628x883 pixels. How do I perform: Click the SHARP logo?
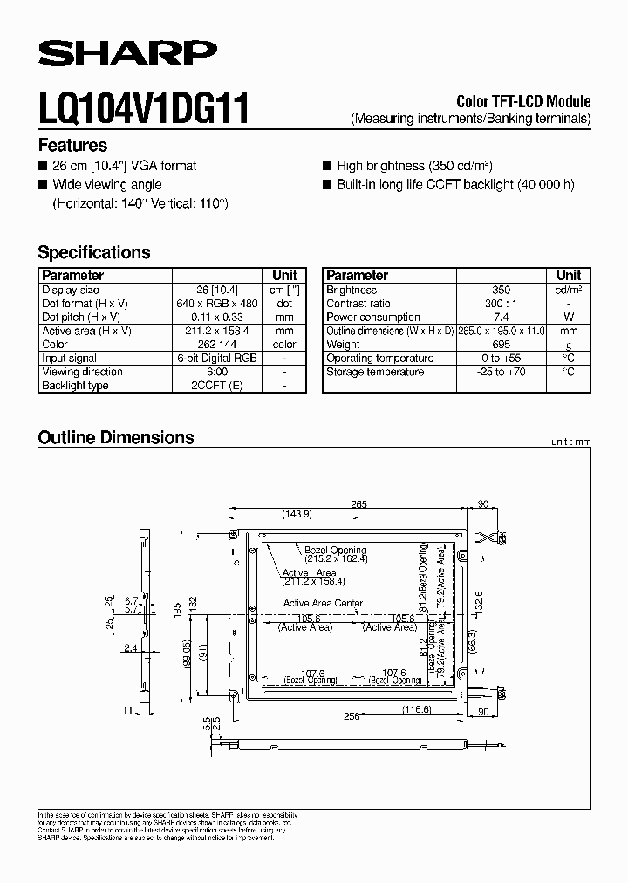[126, 54]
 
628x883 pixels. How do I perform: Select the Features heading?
[72, 146]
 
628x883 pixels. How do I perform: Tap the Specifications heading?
[94, 253]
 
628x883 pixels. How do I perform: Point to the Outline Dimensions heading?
[116, 438]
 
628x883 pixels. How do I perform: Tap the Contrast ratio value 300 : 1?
[501, 304]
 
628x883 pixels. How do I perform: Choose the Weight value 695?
[501, 345]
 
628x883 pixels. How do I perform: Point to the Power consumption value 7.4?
[501, 318]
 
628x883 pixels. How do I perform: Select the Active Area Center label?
[323, 604]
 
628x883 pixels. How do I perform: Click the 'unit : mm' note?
[570, 442]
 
